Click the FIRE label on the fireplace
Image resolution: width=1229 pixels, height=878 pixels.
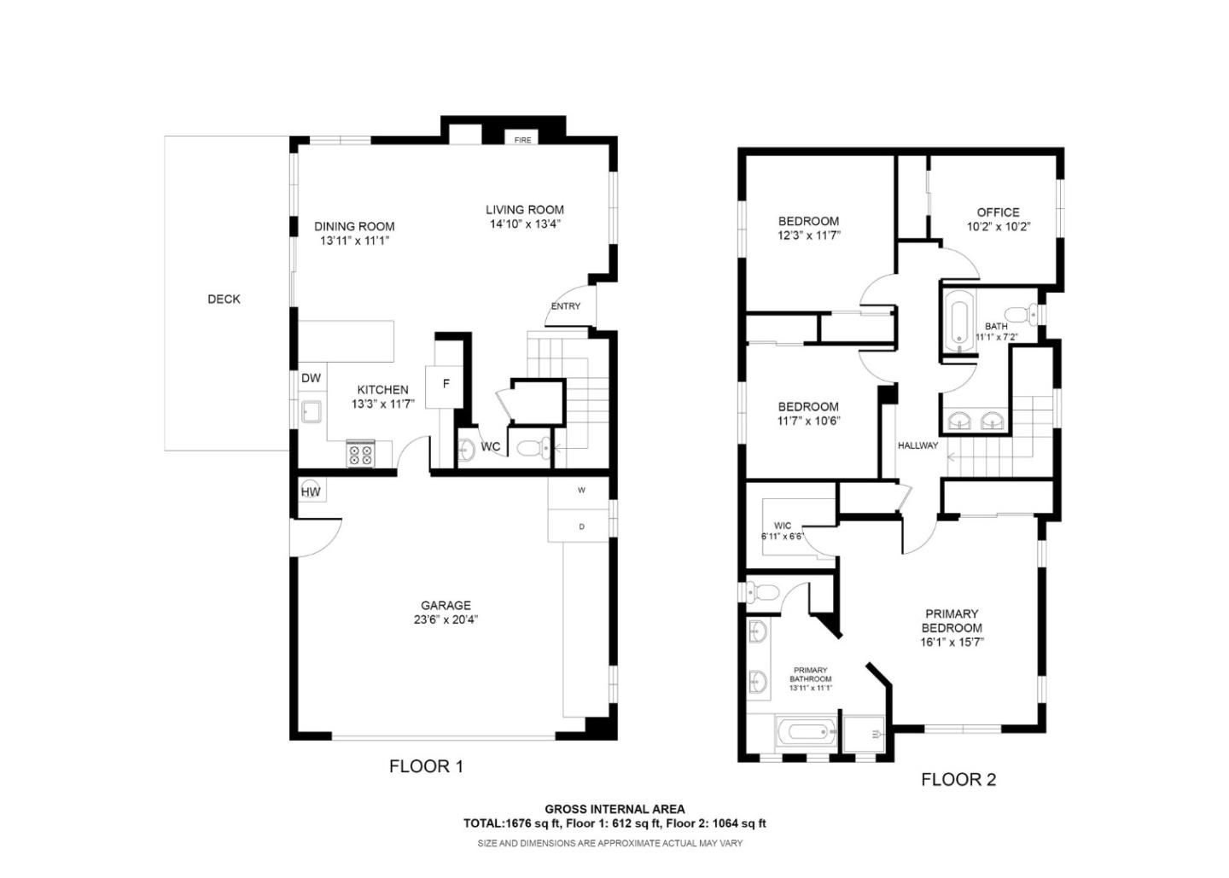(522, 140)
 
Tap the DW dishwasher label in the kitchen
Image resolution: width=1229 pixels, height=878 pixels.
(311, 378)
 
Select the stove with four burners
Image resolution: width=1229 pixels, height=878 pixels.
(360, 453)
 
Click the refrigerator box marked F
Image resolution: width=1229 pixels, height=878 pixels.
(446, 385)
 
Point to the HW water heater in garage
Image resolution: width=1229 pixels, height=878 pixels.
(311, 491)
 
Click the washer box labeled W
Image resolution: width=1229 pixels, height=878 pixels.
(581, 491)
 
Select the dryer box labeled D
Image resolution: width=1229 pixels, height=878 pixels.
(581, 526)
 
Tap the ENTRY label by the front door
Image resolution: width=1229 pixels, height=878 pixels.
(565, 306)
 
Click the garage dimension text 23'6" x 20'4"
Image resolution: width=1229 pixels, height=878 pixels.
(446, 620)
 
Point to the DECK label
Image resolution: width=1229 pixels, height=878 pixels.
(224, 299)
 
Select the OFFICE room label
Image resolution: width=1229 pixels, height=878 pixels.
(998, 212)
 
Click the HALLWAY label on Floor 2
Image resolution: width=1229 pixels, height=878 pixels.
(917, 445)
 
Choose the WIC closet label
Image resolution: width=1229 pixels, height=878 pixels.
(782, 526)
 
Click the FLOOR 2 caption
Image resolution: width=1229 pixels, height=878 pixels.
(958, 779)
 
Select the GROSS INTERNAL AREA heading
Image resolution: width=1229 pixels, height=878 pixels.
(614, 809)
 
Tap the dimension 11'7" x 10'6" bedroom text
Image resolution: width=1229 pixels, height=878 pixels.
(807, 421)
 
